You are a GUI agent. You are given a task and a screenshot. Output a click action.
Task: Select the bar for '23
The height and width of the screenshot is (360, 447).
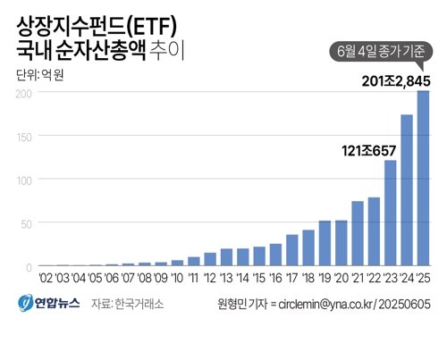[x=390, y=213]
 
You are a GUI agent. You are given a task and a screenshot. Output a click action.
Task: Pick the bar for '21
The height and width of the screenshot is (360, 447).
[x=358, y=234]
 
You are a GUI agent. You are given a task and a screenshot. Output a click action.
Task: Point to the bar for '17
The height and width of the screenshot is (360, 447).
[x=291, y=250]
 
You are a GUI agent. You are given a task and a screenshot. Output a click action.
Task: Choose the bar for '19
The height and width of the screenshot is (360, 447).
[x=325, y=243]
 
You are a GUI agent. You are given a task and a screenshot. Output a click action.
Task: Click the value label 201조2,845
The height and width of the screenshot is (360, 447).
[x=397, y=82]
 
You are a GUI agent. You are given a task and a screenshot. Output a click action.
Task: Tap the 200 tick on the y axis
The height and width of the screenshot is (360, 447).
[x=24, y=92]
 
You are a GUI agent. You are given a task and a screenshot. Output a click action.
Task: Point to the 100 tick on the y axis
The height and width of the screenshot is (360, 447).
[x=24, y=180]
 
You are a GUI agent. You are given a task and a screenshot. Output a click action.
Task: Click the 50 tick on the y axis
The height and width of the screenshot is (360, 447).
[x=27, y=223]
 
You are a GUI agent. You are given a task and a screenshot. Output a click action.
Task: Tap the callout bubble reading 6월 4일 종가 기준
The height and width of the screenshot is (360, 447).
[x=382, y=52]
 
